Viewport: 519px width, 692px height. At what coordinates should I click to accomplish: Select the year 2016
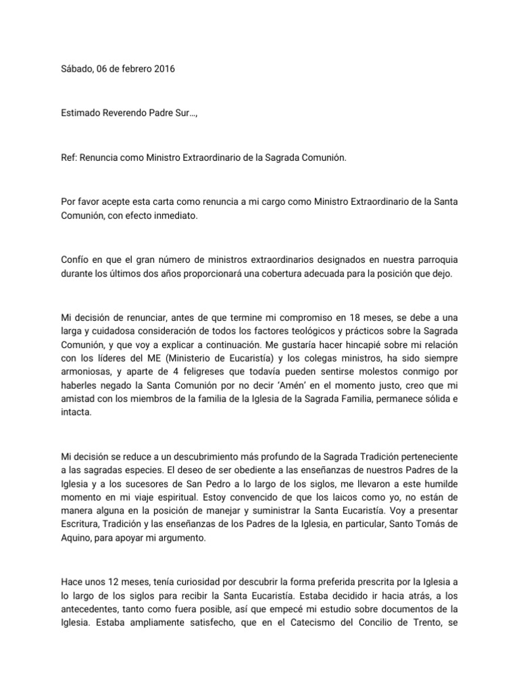click(162, 70)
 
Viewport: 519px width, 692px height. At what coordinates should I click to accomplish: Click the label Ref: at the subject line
click(69, 158)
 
